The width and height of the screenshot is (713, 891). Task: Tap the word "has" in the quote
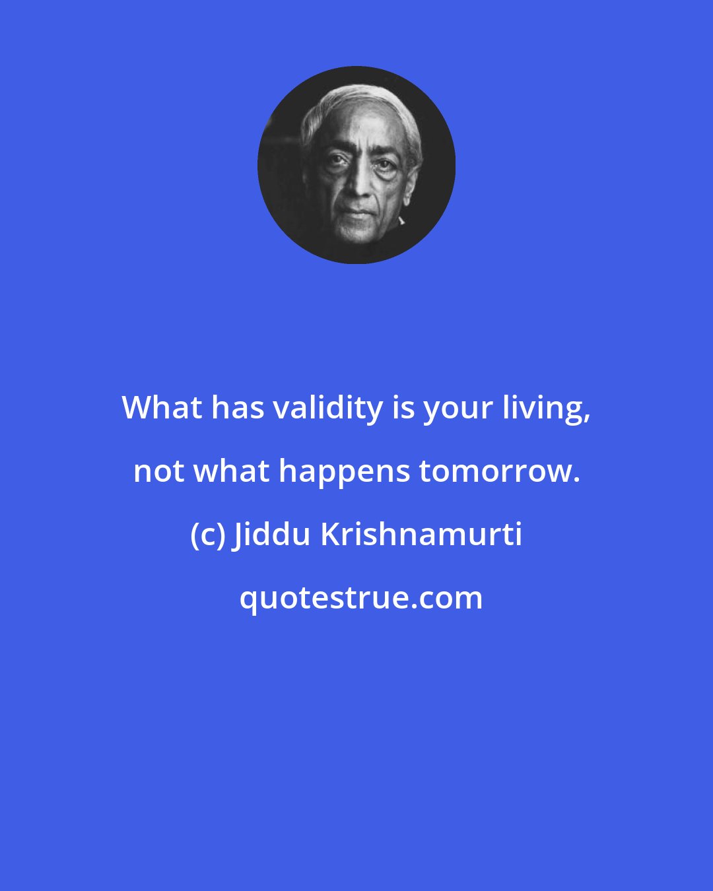coord(237,409)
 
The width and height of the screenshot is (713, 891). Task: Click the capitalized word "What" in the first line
coord(162,409)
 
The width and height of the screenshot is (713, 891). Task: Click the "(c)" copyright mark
coord(207,535)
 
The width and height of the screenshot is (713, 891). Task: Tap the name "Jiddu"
coord(271,535)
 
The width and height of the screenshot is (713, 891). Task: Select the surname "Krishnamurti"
coord(421,535)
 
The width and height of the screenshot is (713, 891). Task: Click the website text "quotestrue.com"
coord(360,598)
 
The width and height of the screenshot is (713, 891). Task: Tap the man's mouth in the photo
coord(356,213)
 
